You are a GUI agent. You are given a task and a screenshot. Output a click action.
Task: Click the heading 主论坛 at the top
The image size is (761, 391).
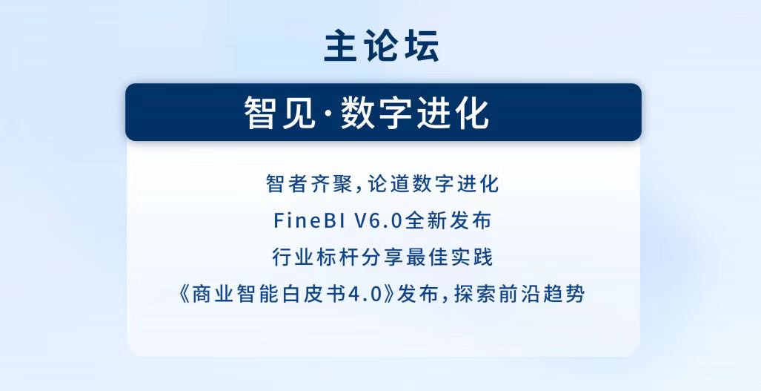[382, 46]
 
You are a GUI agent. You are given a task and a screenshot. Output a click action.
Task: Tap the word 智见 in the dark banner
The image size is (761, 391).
[280, 114]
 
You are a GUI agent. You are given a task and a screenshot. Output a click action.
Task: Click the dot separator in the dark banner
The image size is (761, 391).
[328, 114]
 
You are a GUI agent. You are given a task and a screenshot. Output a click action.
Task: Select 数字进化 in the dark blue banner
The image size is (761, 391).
[414, 114]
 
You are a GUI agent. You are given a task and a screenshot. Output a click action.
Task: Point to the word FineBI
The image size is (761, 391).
[310, 220]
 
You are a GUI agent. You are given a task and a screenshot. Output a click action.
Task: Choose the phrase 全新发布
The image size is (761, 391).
[448, 220]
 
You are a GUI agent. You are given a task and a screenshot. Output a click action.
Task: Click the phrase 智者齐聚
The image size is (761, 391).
[309, 184]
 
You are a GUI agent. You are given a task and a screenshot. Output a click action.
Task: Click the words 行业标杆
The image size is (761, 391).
[314, 257]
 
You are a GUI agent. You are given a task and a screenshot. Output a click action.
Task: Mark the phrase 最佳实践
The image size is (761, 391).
[450, 257]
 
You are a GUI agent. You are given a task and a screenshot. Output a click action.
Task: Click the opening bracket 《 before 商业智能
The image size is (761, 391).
[185, 294]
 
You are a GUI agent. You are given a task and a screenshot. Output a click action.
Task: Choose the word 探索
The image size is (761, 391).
[475, 294]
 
